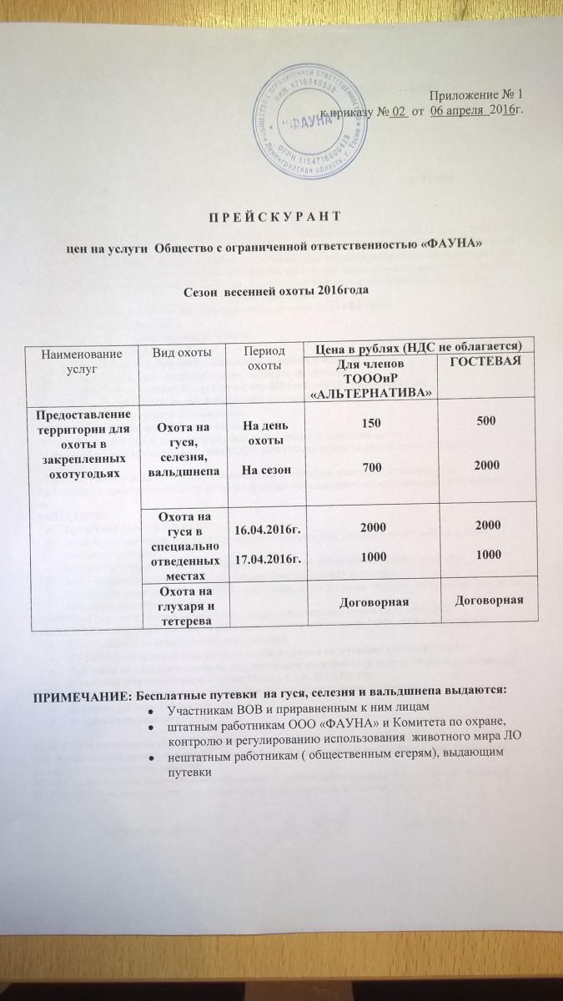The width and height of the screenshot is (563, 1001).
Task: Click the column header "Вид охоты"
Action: click(x=182, y=355)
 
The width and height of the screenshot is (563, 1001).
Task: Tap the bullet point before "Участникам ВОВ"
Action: click(x=150, y=711)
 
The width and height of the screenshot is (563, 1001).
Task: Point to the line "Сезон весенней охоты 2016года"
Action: click(x=276, y=293)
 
